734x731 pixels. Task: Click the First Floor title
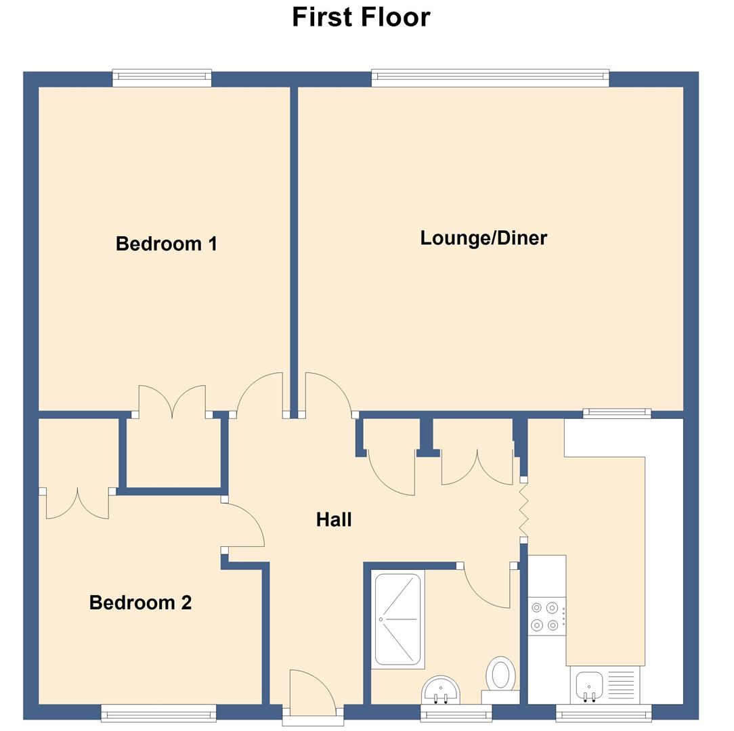[361, 17]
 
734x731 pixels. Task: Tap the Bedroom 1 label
[167, 244]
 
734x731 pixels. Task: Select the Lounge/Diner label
[483, 238]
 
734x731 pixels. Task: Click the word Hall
[334, 520]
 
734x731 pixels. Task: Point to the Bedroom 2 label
[140, 602]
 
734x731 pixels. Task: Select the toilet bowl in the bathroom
[501, 674]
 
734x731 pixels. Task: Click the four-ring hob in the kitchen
[546, 616]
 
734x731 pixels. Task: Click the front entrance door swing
[311, 690]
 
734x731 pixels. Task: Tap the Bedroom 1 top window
[162, 78]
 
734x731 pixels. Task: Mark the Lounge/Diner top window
[490, 78]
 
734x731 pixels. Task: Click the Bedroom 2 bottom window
[158, 713]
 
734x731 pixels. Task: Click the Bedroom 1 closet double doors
[172, 402]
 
